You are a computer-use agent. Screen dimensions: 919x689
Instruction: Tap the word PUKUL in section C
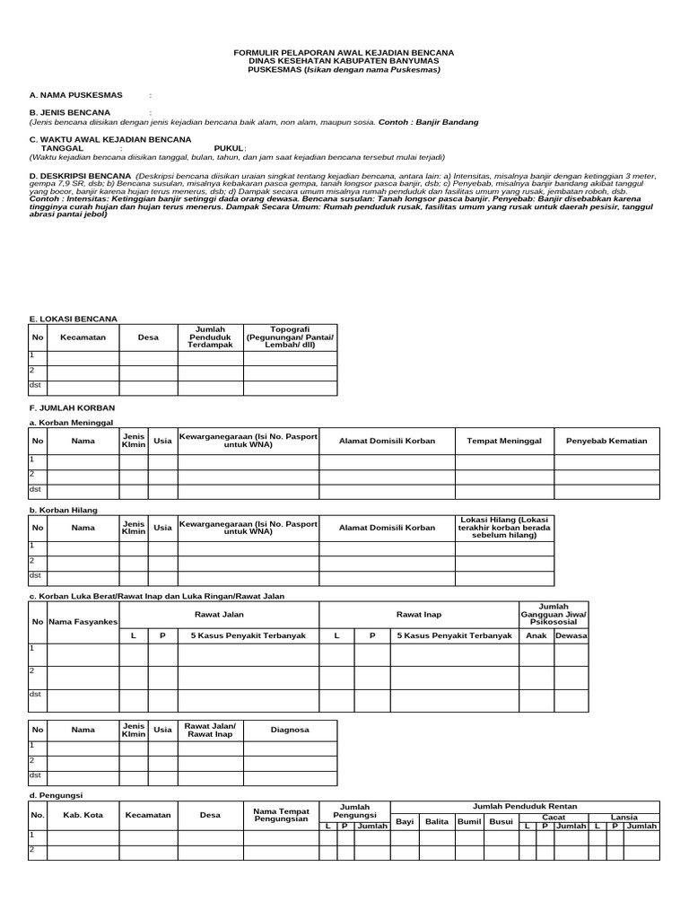tap(228, 148)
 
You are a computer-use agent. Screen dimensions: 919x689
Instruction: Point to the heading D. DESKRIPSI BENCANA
tap(80, 175)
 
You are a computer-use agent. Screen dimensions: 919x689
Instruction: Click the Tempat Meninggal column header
tap(499, 442)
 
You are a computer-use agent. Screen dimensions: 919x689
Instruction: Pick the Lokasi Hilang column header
tap(504, 529)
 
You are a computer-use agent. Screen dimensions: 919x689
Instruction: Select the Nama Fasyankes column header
tap(83, 621)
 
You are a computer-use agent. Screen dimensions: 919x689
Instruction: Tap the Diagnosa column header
tap(290, 731)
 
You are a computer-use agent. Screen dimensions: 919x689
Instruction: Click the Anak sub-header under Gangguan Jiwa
tap(536, 635)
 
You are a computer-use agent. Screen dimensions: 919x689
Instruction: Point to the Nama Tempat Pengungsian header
tap(281, 815)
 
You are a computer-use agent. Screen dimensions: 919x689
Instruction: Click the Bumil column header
tap(468, 821)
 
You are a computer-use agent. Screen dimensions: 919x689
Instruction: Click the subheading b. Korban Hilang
tap(64, 510)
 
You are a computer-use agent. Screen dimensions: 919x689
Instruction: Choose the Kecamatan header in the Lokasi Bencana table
tap(83, 337)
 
